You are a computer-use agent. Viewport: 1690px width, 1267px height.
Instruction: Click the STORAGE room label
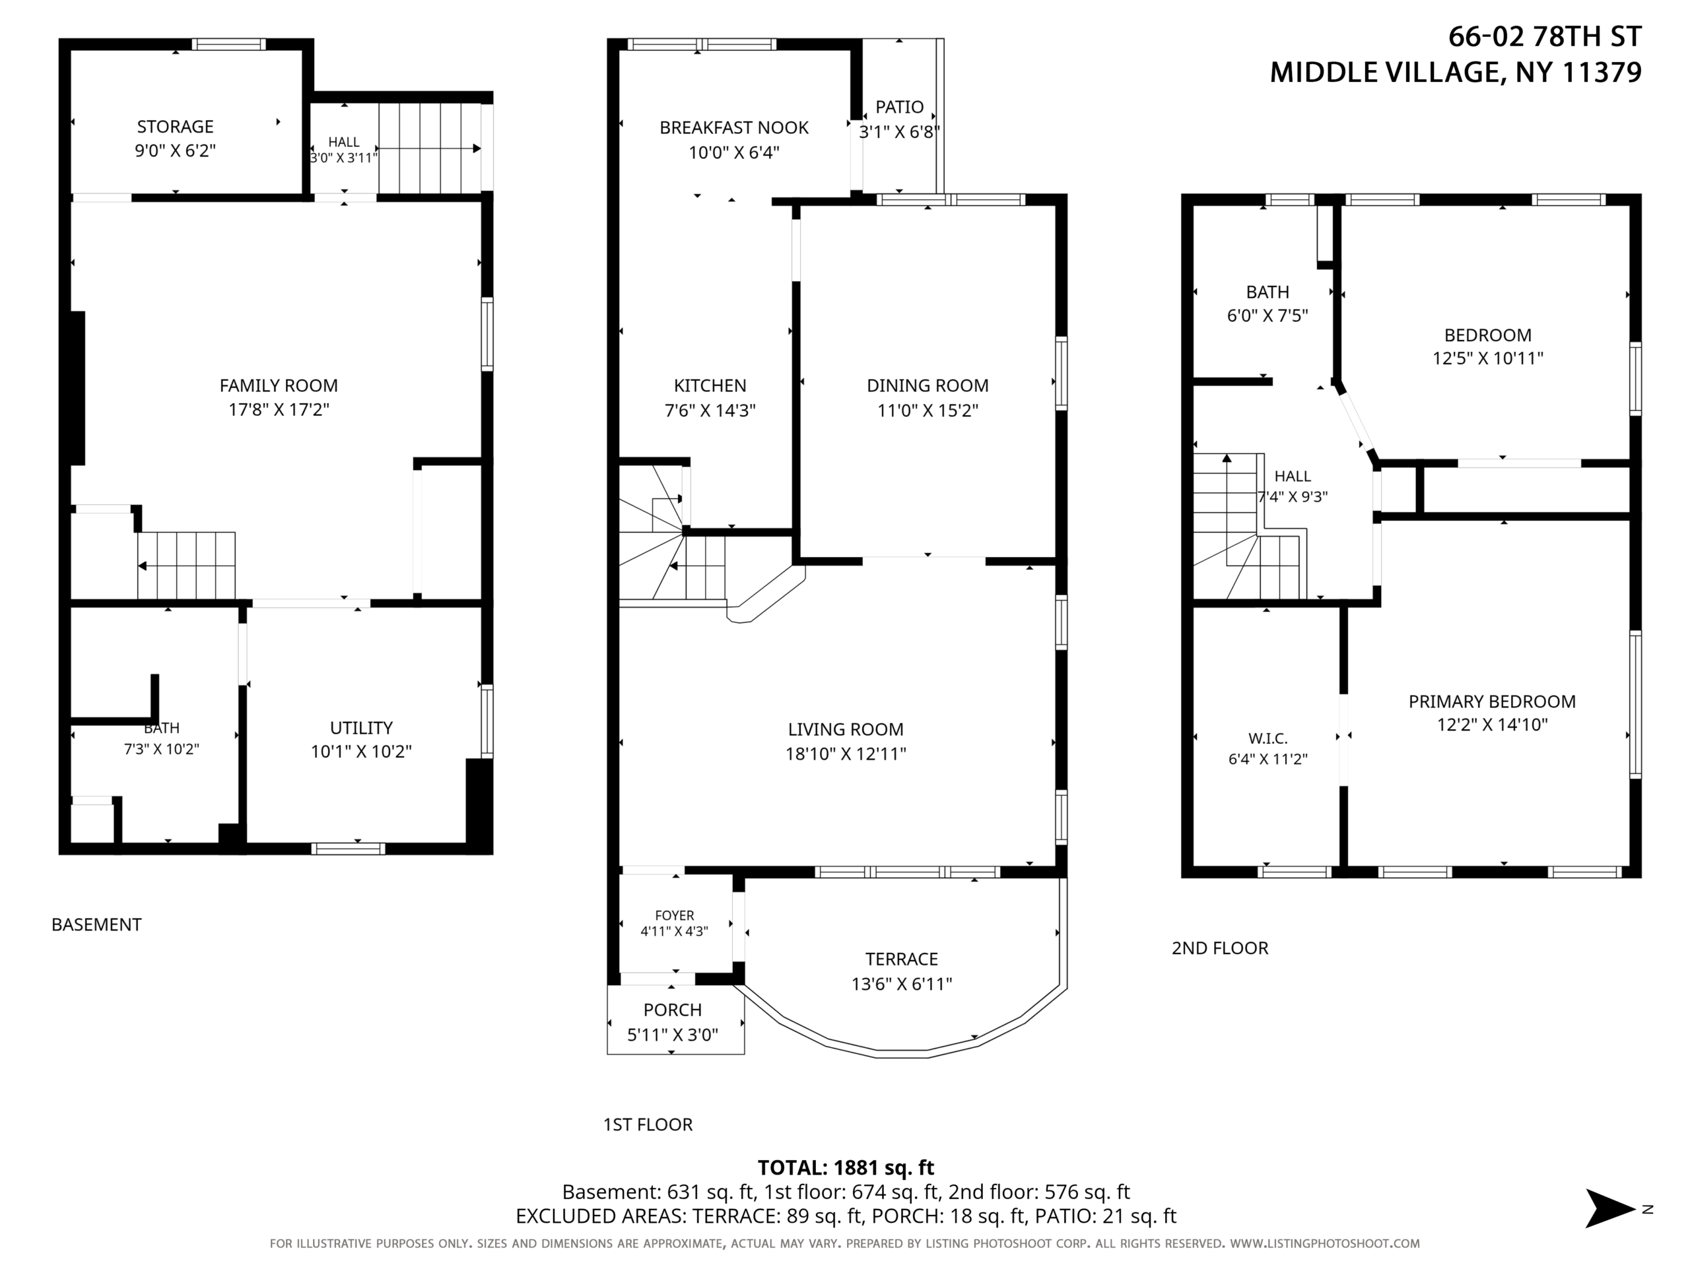(175, 127)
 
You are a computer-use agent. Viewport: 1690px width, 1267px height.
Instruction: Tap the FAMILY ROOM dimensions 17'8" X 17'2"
(279, 410)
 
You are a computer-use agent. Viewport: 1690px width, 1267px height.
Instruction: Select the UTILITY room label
(361, 728)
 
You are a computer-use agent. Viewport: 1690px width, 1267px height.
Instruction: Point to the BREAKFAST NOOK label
(734, 127)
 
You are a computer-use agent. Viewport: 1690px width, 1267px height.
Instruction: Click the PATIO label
(899, 107)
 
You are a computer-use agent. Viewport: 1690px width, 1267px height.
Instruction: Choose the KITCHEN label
(710, 385)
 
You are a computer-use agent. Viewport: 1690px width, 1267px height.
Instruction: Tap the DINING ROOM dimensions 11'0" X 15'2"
(928, 410)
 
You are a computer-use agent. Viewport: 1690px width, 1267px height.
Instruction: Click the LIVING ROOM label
(846, 729)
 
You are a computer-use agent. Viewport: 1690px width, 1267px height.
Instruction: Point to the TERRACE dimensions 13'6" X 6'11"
(902, 984)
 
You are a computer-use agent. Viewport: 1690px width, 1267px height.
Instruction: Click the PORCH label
(672, 1010)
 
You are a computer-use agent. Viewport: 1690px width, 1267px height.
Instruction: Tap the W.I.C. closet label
(1267, 738)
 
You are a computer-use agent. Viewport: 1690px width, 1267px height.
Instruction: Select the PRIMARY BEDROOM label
(1492, 701)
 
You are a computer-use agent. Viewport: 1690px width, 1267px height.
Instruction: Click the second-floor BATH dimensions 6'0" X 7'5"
(1267, 315)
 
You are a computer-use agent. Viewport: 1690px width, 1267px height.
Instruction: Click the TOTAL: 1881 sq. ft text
(846, 1168)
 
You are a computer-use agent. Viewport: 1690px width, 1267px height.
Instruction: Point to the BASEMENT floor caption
(96, 925)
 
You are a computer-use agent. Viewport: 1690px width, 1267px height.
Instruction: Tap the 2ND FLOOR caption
(1220, 948)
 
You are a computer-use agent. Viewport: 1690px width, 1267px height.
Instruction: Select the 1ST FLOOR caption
(648, 1125)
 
